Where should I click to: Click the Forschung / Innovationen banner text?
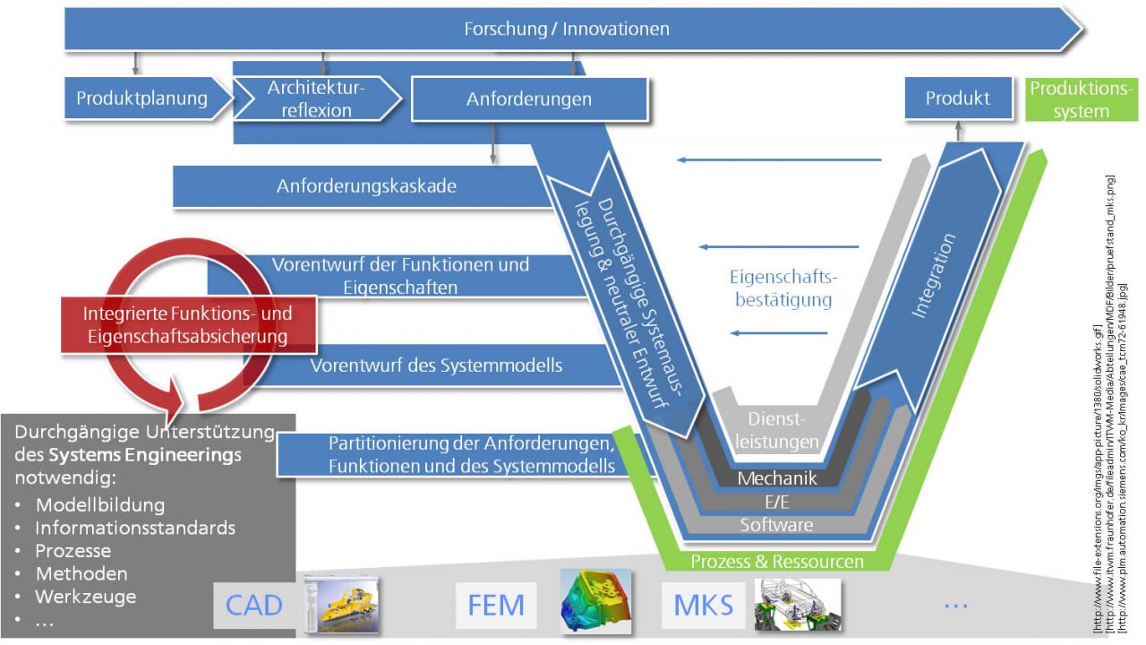point(566,29)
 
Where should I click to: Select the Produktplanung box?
point(141,99)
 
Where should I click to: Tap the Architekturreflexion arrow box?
point(316,99)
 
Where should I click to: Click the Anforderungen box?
point(528,99)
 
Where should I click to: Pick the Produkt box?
point(957,99)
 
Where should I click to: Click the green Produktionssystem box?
point(1081,99)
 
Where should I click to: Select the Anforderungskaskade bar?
point(366,186)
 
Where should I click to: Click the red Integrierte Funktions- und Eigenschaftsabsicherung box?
point(187,325)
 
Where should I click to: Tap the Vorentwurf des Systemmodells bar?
point(436,365)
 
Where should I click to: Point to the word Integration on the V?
point(933,276)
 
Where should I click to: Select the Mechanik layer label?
point(776,478)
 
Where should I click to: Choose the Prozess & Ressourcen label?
point(777,562)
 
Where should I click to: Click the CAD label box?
point(253,605)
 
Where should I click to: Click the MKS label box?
point(703,605)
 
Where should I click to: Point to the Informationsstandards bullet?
point(134,528)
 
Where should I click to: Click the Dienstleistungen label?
point(783,429)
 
